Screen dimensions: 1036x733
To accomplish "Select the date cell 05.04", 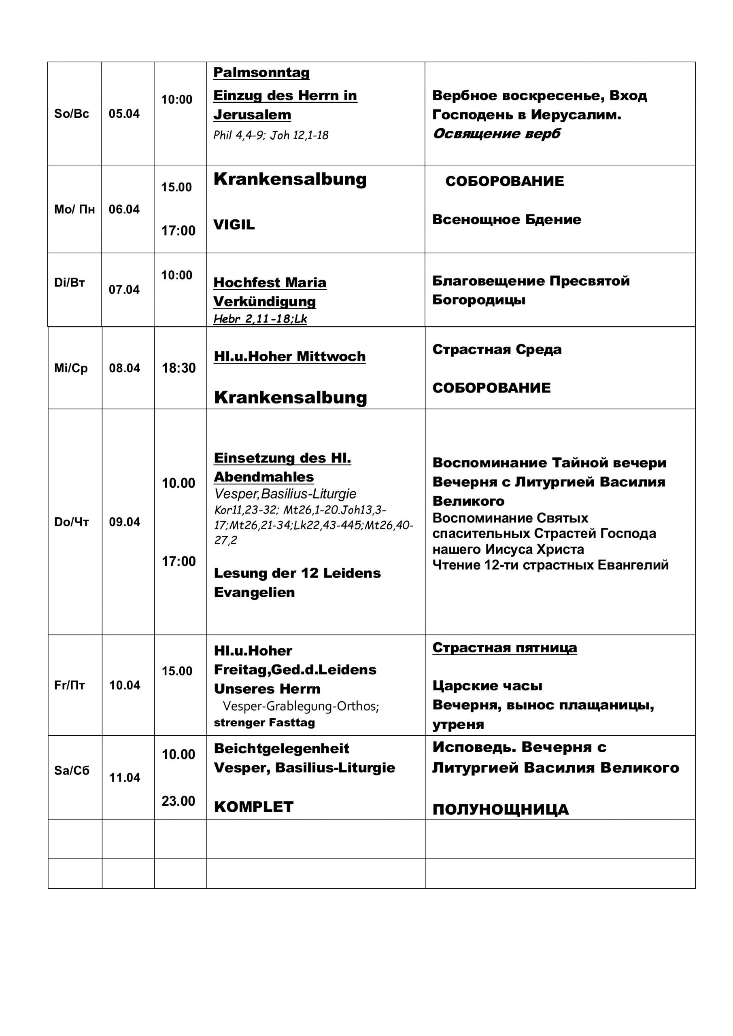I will tap(124, 114).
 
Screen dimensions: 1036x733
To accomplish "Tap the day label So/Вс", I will tap(71, 114).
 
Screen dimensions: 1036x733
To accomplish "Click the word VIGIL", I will tap(234, 224).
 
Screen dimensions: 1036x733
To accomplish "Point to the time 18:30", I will tap(179, 368).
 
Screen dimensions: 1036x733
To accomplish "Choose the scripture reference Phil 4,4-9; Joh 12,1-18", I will tap(271, 135).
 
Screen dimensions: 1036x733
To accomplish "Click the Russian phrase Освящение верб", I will tap(497, 134).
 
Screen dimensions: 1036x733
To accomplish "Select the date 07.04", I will tap(124, 289).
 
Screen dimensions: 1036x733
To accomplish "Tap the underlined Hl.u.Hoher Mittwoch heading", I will tap(289, 356).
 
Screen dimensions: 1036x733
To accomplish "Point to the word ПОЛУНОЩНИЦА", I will tap(501, 809).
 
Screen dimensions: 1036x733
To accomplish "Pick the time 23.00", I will tap(178, 800).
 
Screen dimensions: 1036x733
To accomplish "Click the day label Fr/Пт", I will tap(70, 685).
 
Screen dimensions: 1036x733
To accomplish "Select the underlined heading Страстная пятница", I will tap(505, 647).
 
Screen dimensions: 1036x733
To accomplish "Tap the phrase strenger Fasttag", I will tap(264, 722).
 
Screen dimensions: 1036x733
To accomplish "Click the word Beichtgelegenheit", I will tap(282, 748).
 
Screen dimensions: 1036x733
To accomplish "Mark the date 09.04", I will tap(125, 522).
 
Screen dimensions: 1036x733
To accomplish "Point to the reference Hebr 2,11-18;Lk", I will tap(260, 318).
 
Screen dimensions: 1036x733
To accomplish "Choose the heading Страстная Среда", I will tap(497, 349).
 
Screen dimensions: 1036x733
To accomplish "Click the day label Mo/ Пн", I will tap(74, 209).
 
